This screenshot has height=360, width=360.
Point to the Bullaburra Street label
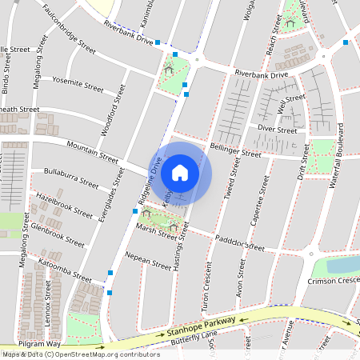(x=71, y=177)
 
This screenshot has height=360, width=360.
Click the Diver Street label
(x=278, y=130)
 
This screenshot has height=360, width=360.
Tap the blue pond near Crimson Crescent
(x=342, y=265)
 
